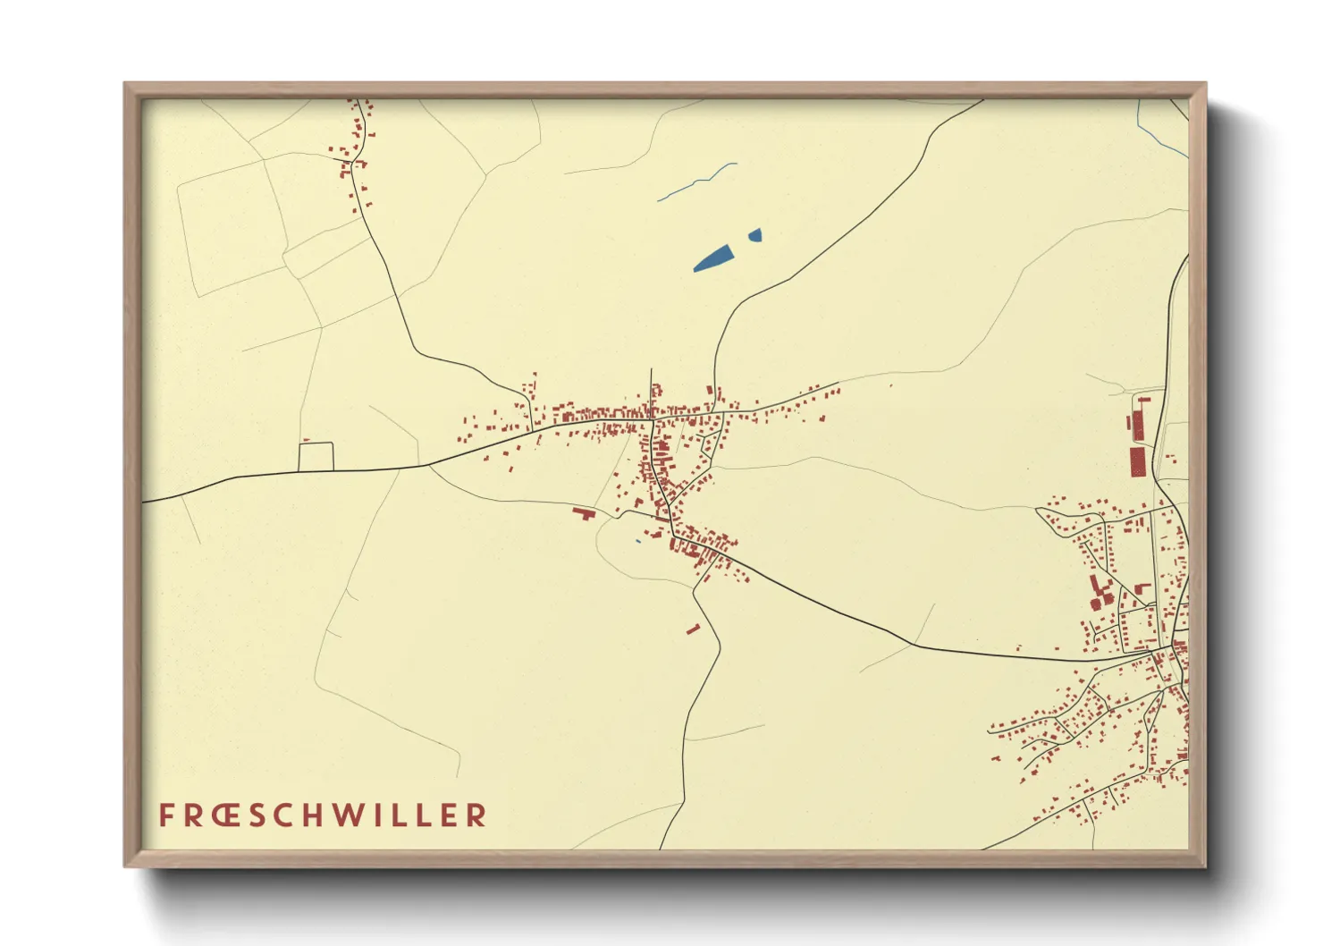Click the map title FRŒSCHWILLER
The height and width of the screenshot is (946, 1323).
323,815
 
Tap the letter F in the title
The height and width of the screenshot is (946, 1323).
166,815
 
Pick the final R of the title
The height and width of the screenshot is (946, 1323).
477,815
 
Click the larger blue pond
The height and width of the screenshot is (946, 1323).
712,258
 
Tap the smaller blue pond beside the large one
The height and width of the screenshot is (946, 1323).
755,235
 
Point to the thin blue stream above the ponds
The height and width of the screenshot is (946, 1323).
697,182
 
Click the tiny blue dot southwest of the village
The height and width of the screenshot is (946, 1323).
637,541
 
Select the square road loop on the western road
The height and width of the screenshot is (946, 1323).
316,456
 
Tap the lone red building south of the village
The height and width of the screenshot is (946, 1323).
693,629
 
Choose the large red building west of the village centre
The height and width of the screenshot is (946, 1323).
584,513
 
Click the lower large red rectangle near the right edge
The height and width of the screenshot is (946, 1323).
1137,462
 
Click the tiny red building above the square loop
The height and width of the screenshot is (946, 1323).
306,440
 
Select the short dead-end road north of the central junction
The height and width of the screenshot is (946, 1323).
651,389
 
